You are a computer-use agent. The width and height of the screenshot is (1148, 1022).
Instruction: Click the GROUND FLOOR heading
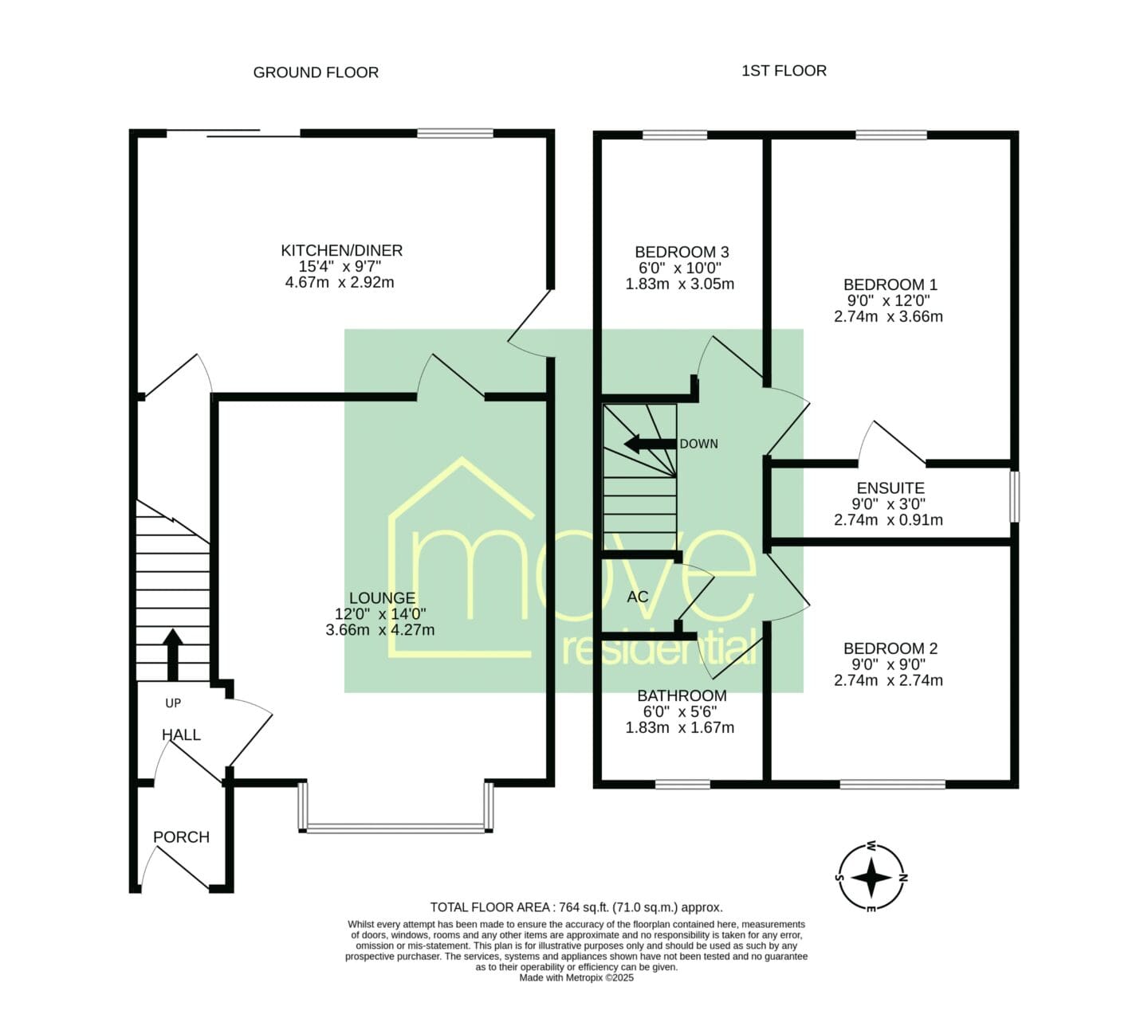point(316,72)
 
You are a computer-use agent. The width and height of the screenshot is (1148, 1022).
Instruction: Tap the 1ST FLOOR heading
point(784,71)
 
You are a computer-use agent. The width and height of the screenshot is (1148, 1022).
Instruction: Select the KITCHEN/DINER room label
point(342,250)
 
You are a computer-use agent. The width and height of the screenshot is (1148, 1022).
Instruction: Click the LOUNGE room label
point(383,598)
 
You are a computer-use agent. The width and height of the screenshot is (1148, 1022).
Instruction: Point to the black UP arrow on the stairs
point(173,655)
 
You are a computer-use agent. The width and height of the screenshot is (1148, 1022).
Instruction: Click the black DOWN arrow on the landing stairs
point(651,444)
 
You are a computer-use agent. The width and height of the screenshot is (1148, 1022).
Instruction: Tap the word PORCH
point(181,837)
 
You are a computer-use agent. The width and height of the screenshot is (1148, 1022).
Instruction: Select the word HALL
point(181,734)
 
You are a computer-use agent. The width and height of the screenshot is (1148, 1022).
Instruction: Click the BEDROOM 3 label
point(682,252)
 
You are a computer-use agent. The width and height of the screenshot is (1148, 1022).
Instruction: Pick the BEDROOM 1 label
point(890,284)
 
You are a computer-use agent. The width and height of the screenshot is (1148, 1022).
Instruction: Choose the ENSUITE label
point(890,488)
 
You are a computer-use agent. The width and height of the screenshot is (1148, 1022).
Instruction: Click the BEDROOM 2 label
point(890,648)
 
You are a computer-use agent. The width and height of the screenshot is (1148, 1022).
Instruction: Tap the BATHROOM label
point(682,695)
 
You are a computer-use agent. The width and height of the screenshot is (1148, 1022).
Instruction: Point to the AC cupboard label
point(638,596)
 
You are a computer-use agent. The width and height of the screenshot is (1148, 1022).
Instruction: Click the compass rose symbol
point(871,878)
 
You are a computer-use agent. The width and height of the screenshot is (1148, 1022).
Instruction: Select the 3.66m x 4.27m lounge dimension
point(380,629)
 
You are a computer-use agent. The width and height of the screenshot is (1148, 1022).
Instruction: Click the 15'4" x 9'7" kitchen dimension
point(340,266)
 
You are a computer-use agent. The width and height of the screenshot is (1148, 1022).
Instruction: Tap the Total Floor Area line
point(576,923)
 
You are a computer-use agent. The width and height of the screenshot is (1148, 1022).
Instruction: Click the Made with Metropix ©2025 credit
point(576,993)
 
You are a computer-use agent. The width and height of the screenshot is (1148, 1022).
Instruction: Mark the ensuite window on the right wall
point(1015,496)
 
